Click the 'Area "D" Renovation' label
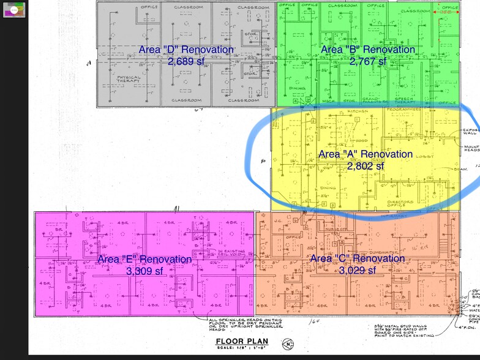click(186, 50)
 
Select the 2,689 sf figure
click(186, 61)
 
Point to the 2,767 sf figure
click(367, 61)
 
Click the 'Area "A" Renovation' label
click(366, 154)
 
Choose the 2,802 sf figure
click(366, 165)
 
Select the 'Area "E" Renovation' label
click(144, 259)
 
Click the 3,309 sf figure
click(144, 271)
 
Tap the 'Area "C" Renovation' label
click(358, 259)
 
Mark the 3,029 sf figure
click(358, 271)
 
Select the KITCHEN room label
click(357, 111)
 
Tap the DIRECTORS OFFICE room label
click(400, 203)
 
